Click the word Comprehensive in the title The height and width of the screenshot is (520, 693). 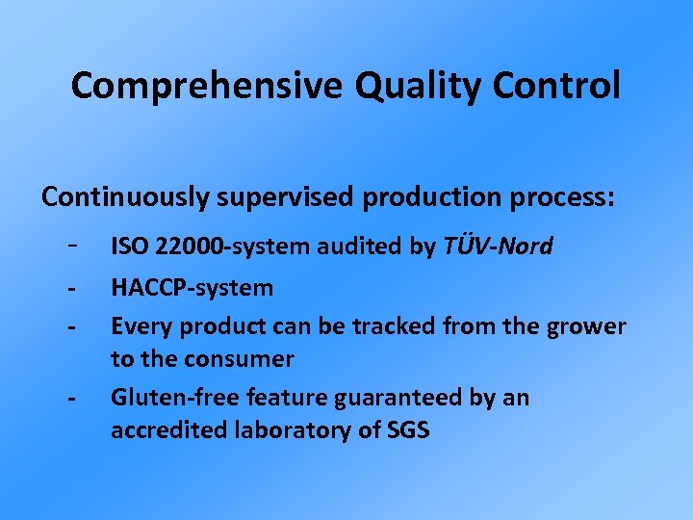click(207, 87)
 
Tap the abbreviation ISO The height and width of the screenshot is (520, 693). click(129, 247)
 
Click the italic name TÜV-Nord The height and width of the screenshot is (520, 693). click(498, 247)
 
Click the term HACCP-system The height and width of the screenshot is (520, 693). click(192, 288)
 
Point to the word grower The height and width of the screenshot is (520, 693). click(586, 326)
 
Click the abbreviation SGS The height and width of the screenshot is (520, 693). click(408, 430)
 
